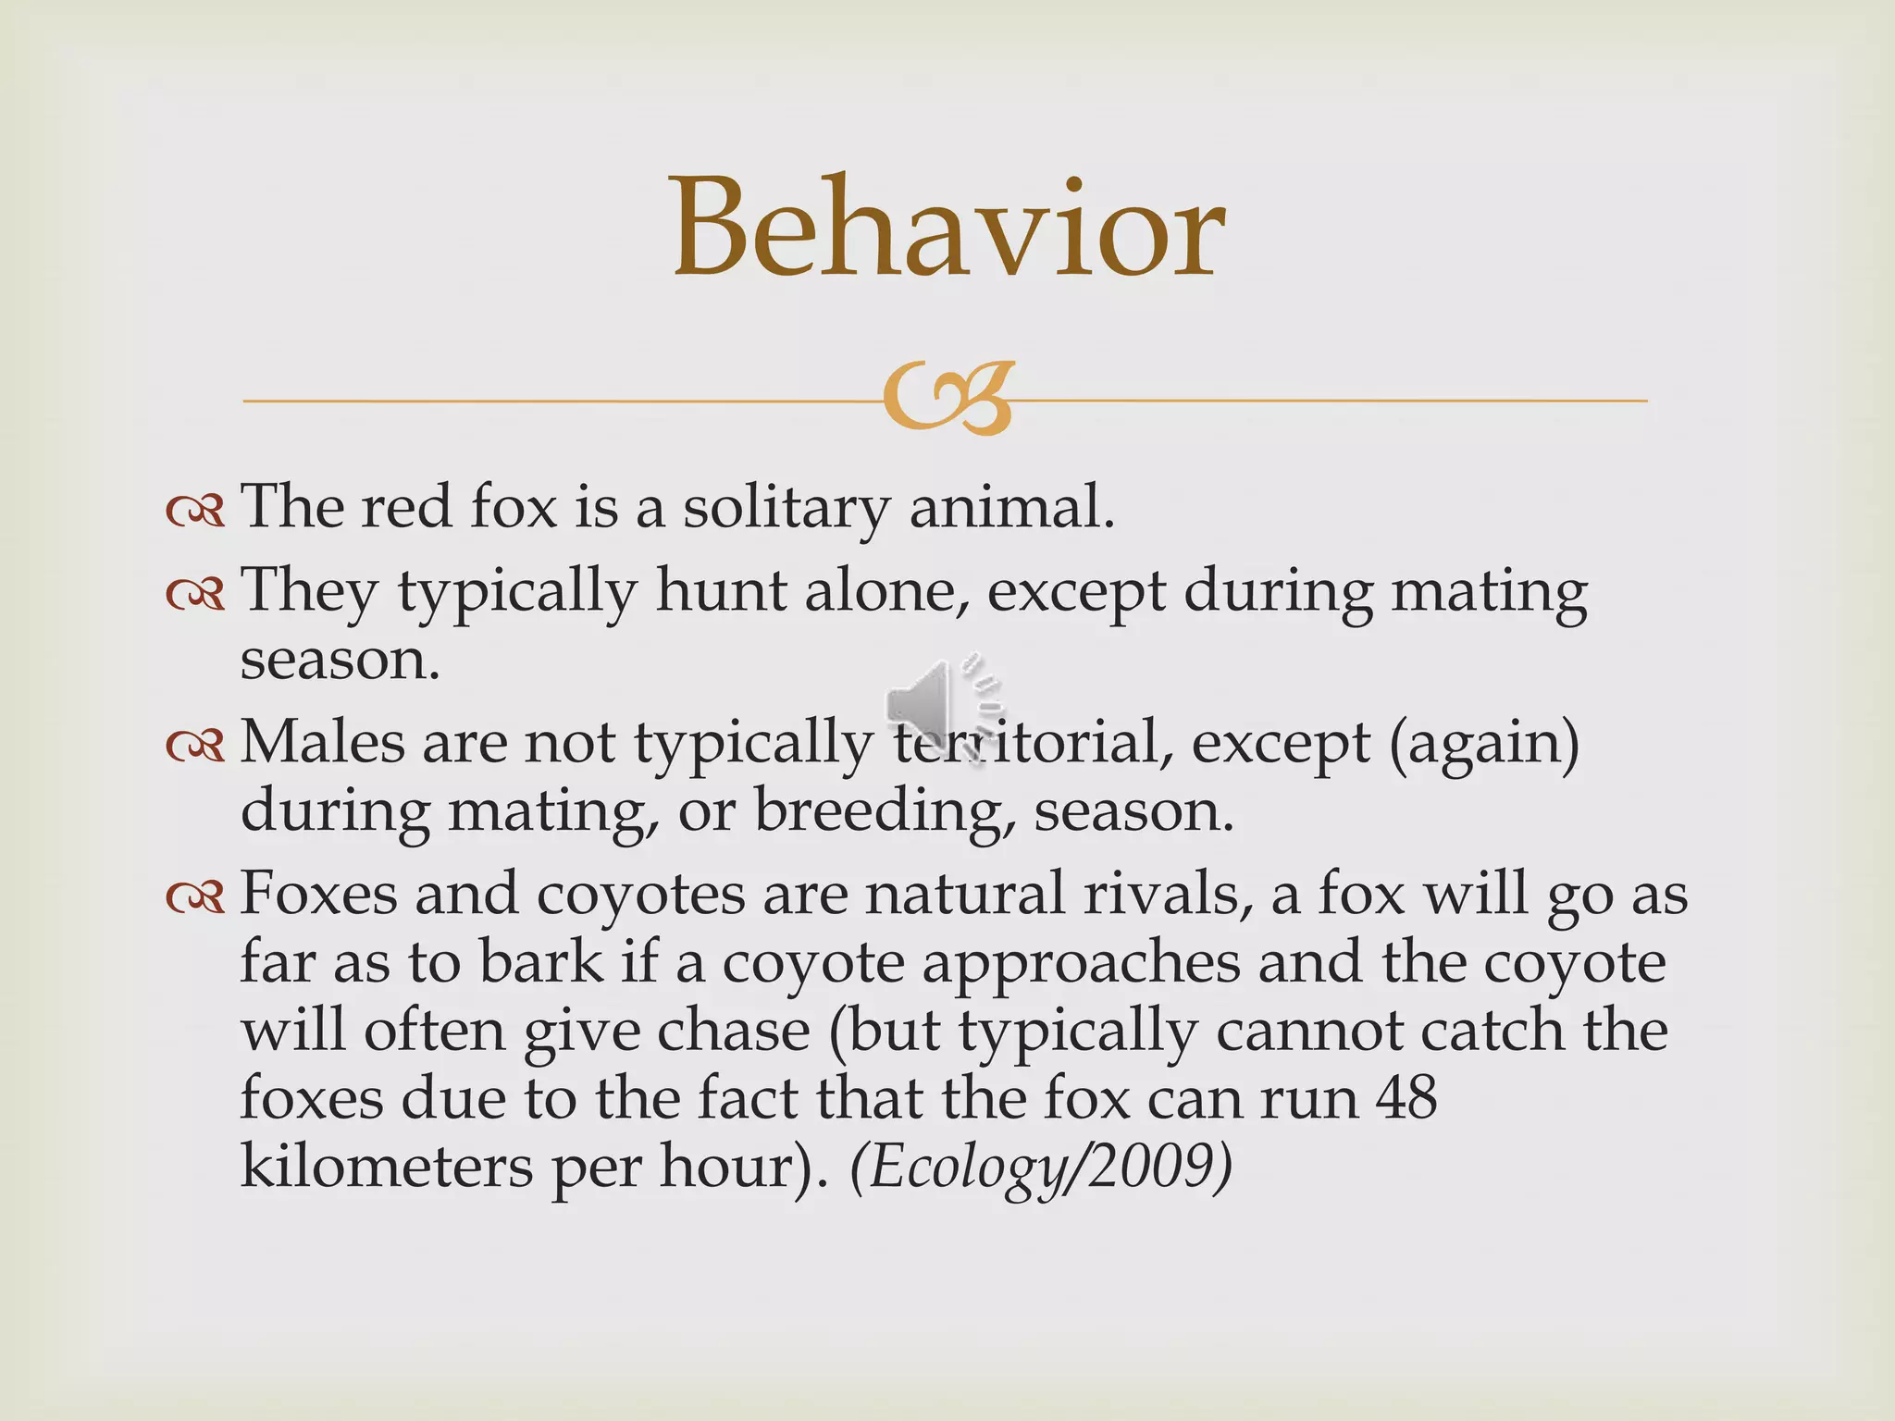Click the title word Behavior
tap(948, 229)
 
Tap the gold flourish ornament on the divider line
tap(948, 400)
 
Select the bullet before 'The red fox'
tap(195, 511)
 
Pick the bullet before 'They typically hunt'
tap(195, 594)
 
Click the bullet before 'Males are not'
tap(195, 746)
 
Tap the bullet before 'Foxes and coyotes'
tap(195, 897)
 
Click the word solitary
tap(786, 509)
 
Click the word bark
tap(540, 963)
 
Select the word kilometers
tap(386, 1167)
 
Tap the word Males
tap(322, 743)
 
